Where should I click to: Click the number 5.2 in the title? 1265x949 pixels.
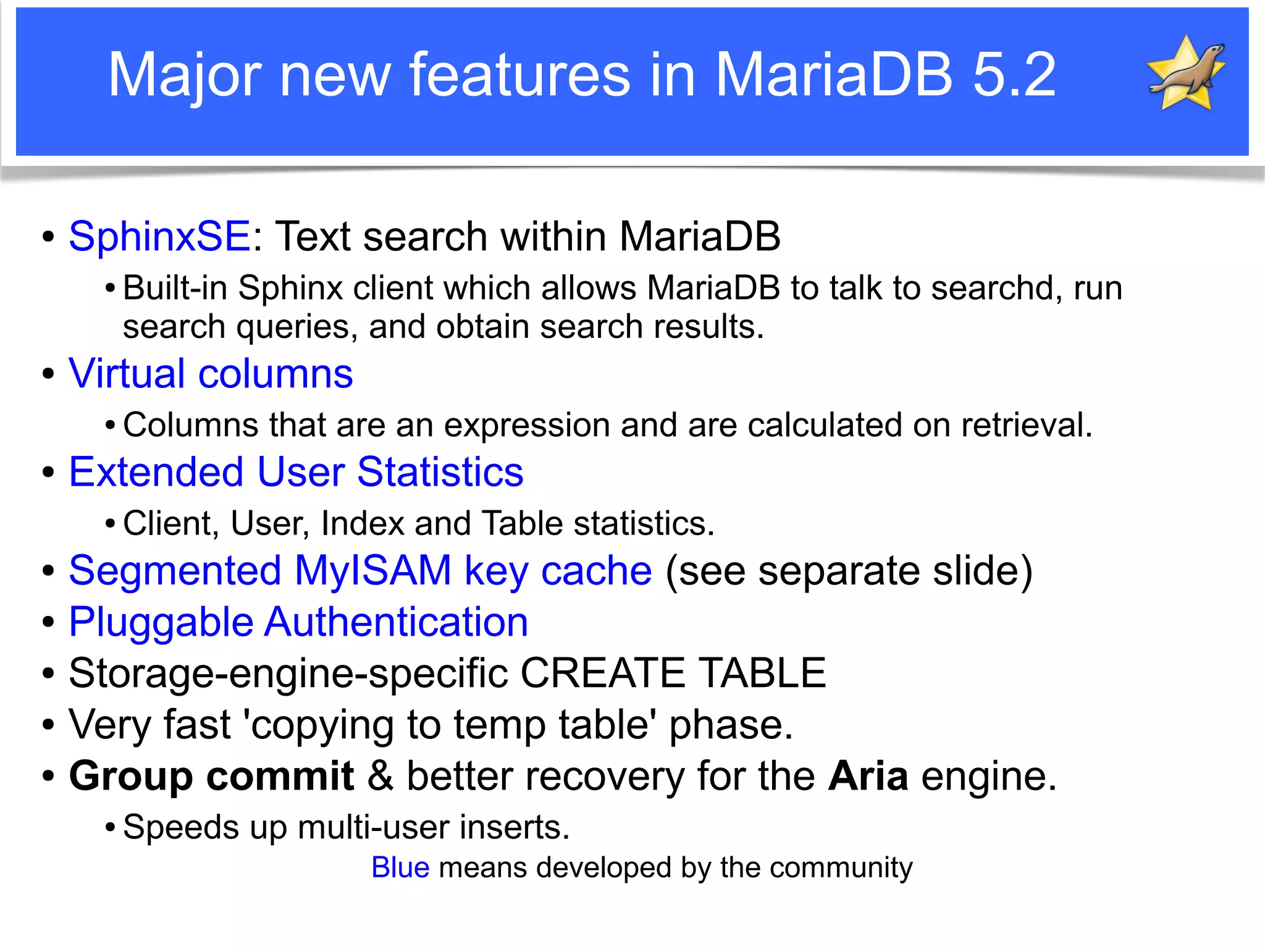point(1014,75)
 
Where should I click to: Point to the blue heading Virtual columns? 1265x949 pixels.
point(211,374)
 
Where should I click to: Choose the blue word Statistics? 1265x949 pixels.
point(440,472)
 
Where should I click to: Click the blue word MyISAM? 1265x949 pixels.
point(373,570)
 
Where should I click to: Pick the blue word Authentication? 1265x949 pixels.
point(397,622)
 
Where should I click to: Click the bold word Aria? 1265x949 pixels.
point(868,776)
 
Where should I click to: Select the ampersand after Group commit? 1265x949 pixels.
point(380,776)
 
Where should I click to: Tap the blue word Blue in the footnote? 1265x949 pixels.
point(400,867)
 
